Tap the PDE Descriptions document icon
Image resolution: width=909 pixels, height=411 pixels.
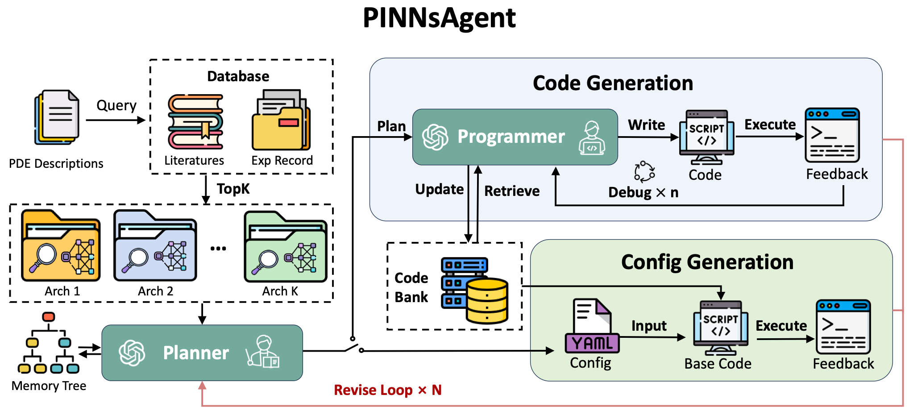pyautogui.click(x=57, y=117)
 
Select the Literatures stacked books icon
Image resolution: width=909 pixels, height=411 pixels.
pyautogui.click(x=195, y=121)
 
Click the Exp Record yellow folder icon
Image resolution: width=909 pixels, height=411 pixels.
pyautogui.click(x=281, y=120)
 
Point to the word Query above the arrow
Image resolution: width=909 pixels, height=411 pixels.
pyautogui.click(x=116, y=105)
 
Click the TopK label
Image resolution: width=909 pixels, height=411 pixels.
pyautogui.click(x=233, y=189)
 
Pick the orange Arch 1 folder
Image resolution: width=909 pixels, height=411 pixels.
pyautogui.click(x=61, y=246)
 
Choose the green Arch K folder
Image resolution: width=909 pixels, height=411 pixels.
pyautogui.click(x=286, y=248)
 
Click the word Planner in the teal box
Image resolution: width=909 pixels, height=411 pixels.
pyautogui.click(x=196, y=353)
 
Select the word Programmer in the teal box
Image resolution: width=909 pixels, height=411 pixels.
pyautogui.click(x=511, y=137)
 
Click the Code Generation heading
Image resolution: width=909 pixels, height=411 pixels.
pyautogui.click(x=613, y=83)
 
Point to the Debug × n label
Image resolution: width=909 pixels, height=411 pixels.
pyautogui.click(x=643, y=192)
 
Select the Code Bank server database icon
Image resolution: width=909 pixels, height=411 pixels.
pyautogui.click(x=474, y=290)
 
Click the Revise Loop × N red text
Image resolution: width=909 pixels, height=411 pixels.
pyautogui.click(x=387, y=390)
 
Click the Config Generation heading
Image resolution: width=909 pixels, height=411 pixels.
pyautogui.click(x=707, y=262)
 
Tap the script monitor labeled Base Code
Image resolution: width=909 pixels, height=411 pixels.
pyautogui.click(x=720, y=328)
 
